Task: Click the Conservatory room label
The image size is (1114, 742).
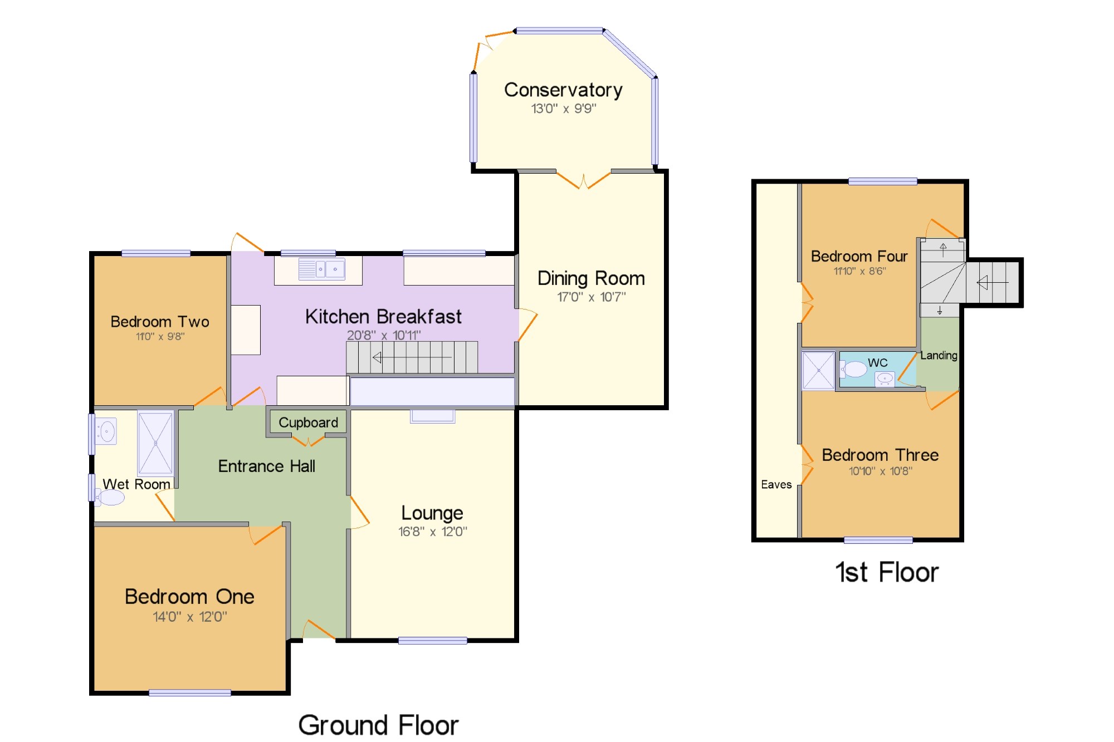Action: pyautogui.click(x=563, y=90)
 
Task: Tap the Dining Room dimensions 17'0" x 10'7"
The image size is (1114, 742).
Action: pyautogui.click(x=592, y=297)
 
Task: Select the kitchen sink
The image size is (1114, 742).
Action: pyautogui.click(x=321, y=269)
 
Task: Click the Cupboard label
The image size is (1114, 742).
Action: pyautogui.click(x=308, y=422)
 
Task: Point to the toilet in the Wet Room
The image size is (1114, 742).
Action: pyautogui.click(x=109, y=497)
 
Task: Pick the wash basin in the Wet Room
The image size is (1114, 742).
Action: pyautogui.click(x=106, y=431)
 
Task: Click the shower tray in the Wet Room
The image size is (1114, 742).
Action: pyautogui.click(x=155, y=444)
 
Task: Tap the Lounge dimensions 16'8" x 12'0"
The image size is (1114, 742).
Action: pyautogui.click(x=433, y=532)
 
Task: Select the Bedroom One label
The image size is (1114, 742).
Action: pyautogui.click(x=189, y=596)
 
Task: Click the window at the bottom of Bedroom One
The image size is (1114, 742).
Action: pyautogui.click(x=190, y=692)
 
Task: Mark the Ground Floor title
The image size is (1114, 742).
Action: pyautogui.click(x=378, y=725)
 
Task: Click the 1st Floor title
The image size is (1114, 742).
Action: pyautogui.click(x=887, y=572)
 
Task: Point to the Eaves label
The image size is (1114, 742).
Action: pyautogui.click(x=776, y=484)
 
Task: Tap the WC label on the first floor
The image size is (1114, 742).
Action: pyautogui.click(x=878, y=362)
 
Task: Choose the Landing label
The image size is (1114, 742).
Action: pyautogui.click(x=939, y=355)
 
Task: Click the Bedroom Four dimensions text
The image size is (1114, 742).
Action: pyautogui.click(x=859, y=271)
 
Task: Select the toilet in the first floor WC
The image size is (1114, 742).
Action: pyautogui.click(x=853, y=369)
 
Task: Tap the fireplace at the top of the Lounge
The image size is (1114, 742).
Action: pyautogui.click(x=433, y=416)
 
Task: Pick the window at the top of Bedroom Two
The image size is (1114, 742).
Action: pyautogui.click(x=156, y=254)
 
